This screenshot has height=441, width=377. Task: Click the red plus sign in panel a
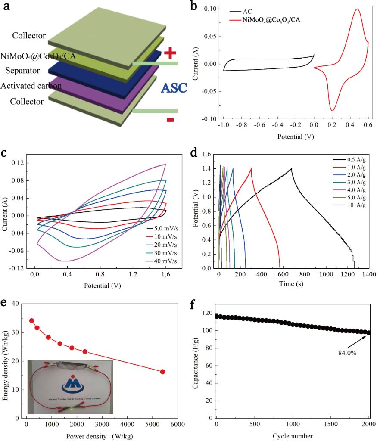pyautogui.click(x=170, y=53)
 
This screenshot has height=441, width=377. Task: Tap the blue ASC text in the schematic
pyautogui.click(x=174, y=88)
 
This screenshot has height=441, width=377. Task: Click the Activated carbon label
pyautogui.click(x=31, y=86)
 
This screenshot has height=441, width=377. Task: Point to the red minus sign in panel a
pyautogui.click(x=170, y=120)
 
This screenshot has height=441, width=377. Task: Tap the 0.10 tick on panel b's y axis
pyautogui.click(x=210, y=9)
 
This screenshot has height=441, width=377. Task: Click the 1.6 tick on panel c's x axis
pyautogui.click(x=165, y=274)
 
